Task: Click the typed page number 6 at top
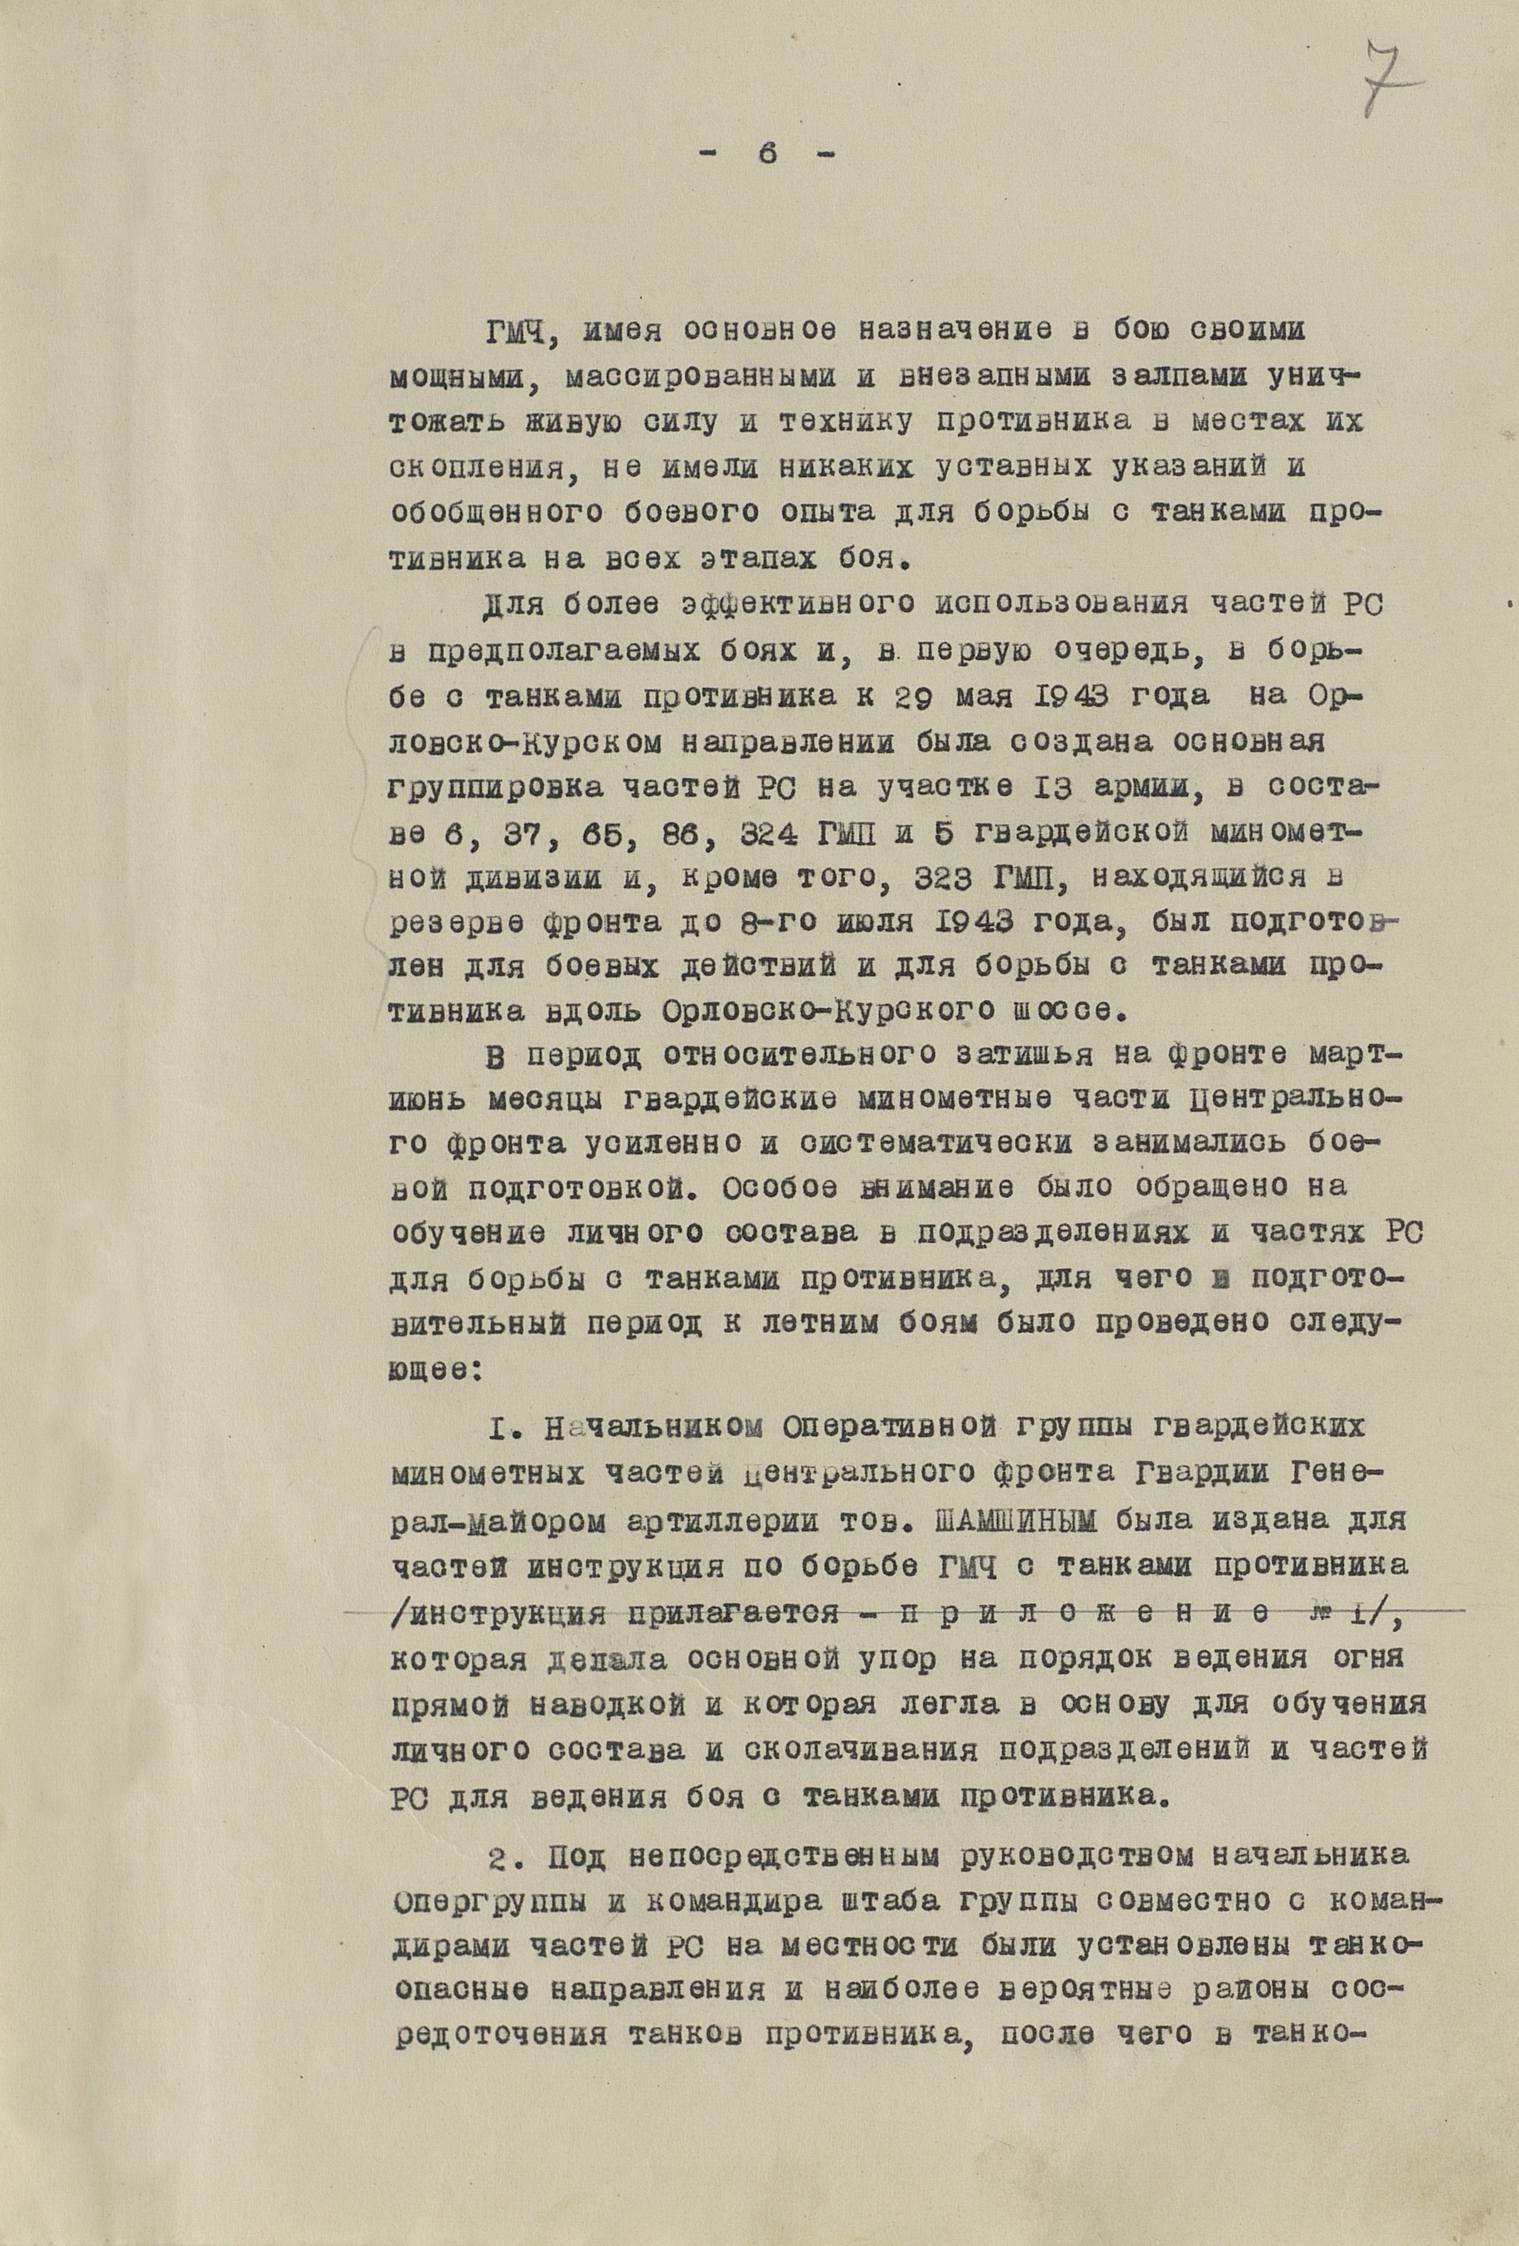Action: [768, 156]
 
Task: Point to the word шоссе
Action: [1065, 1011]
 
